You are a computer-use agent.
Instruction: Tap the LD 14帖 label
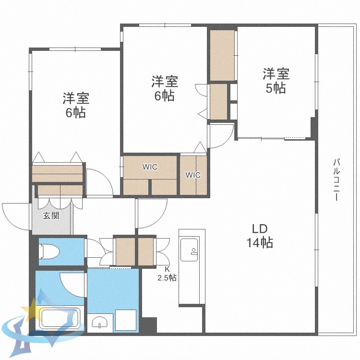pos(260,236)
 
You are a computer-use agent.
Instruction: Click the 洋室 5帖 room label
pos(276,81)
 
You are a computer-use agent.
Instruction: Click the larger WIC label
pos(150,167)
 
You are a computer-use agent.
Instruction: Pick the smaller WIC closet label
pos(193,175)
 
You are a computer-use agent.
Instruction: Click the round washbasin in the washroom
pos(100,323)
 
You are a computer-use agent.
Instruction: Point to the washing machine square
pos(126,320)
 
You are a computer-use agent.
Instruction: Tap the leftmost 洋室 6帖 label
pos(76,106)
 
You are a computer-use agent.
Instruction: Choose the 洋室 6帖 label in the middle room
pos(165,88)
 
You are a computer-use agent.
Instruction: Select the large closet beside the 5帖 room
pos(222,55)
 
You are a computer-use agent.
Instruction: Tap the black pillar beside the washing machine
pos(149,324)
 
